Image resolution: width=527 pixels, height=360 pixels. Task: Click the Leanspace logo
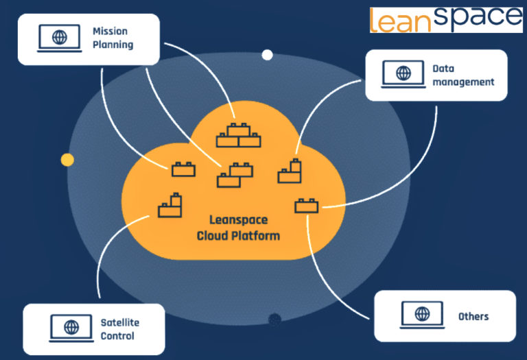(445, 20)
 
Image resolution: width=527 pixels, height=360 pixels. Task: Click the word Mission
(109, 31)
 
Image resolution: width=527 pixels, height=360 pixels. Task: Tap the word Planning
(113, 45)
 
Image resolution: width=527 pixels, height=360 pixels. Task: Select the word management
(463, 82)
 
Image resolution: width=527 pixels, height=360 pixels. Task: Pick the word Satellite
(120, 322)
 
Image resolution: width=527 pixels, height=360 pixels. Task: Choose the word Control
(117, 336)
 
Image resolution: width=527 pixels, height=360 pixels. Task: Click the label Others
(473, 316)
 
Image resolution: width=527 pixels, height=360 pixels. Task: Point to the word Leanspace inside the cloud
(238, 220)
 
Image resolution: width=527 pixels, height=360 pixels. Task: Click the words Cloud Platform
(238, 235)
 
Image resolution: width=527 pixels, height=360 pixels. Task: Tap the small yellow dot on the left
(67, 160)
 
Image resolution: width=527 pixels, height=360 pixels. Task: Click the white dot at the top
(267, 55)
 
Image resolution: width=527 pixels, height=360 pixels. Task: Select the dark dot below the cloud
(275, 318)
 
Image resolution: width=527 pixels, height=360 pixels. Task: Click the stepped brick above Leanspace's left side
(169, 206)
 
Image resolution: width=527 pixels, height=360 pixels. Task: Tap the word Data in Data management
(443, 68)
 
